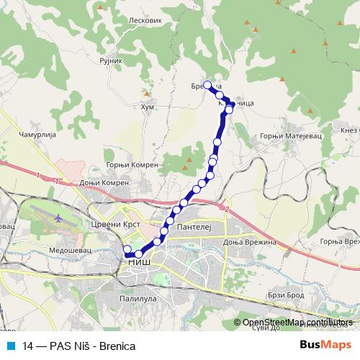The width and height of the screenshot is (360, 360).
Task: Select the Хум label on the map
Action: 147,107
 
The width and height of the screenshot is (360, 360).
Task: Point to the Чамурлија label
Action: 37,135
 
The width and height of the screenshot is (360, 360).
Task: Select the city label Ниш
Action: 139,264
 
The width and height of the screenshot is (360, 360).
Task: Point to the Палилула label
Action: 138,296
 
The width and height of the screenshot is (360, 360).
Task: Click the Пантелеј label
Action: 192,226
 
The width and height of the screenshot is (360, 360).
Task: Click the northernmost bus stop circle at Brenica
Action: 208,85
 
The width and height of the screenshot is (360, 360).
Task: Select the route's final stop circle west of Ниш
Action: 127,250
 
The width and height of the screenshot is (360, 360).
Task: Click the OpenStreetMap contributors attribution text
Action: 298,323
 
